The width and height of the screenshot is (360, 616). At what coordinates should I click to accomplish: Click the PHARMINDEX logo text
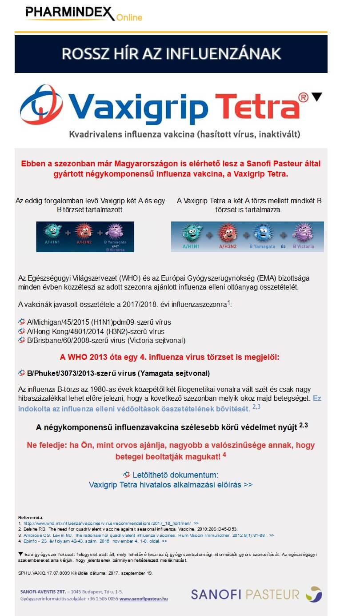70,13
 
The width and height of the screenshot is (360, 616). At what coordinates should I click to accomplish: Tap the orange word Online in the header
129,18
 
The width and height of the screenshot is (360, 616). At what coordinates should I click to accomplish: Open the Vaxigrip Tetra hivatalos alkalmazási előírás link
171,484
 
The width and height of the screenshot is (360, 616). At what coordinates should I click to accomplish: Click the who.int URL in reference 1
107,523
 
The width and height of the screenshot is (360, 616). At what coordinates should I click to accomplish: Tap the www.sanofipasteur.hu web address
143,599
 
